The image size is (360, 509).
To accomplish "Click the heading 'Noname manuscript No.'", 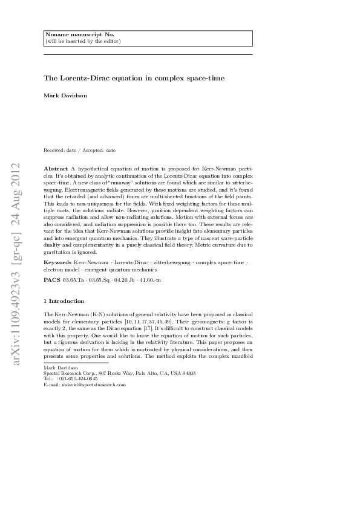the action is tap(71, 35).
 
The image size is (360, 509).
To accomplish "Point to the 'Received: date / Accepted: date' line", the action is tap(79, 150).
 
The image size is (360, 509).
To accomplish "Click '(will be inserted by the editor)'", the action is tap(82, 41).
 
